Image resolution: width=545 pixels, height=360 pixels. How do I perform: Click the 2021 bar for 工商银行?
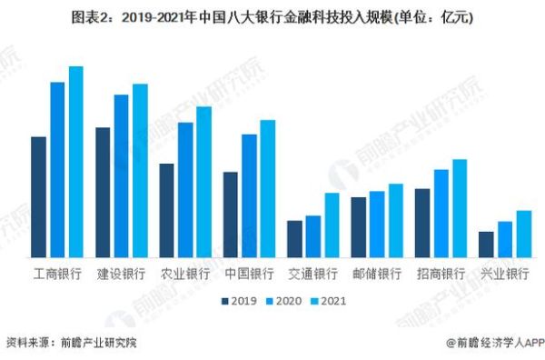point(75,162)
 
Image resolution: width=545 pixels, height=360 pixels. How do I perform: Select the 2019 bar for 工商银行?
point(38,197)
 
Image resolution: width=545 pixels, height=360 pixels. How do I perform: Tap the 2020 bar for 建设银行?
point(121,176)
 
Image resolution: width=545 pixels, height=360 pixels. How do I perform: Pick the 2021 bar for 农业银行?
point(203,182)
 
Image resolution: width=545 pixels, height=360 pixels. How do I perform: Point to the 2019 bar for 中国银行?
point(230,215)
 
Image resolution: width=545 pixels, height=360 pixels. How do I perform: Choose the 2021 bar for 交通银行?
point(332,225)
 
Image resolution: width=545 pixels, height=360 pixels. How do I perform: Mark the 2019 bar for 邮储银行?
point(358,227)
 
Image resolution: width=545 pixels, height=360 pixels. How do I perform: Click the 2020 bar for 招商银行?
point(441,214)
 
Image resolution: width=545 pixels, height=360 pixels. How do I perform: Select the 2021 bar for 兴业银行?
point(524,235)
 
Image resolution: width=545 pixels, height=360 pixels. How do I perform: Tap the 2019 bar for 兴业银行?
point(486,245)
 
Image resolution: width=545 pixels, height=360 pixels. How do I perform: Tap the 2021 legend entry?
point(328,300)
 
